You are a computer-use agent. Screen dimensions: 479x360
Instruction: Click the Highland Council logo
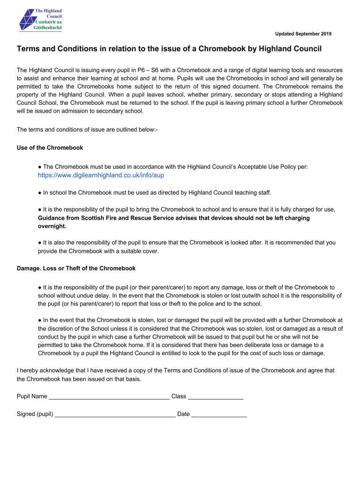tap(40, 20)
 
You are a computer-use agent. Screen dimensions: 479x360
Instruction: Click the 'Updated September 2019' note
tap(303, 34)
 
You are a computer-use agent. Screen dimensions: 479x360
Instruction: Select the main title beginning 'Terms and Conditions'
tap(169, 49)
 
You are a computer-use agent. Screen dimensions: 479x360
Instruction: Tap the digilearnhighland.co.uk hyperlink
tap(101, 175)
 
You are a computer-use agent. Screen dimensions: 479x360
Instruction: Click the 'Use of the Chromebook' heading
tap(50, 148)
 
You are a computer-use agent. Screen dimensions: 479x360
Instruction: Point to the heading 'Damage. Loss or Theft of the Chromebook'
tap(76, 269)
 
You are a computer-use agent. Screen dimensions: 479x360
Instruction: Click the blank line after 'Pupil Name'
tap(109, 397)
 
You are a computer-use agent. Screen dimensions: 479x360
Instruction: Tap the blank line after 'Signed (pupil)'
tap(115, 414)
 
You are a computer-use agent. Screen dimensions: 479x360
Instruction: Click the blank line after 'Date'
tap(219, 414)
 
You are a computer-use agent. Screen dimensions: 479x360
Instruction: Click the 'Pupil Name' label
tap(32, 397)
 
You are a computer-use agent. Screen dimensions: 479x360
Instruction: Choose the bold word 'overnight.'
tap(52, 226)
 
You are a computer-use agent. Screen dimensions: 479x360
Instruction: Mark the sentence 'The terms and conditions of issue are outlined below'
tap(87, 130)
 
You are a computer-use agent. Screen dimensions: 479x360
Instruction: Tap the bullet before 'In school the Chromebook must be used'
tap(40, 193)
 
